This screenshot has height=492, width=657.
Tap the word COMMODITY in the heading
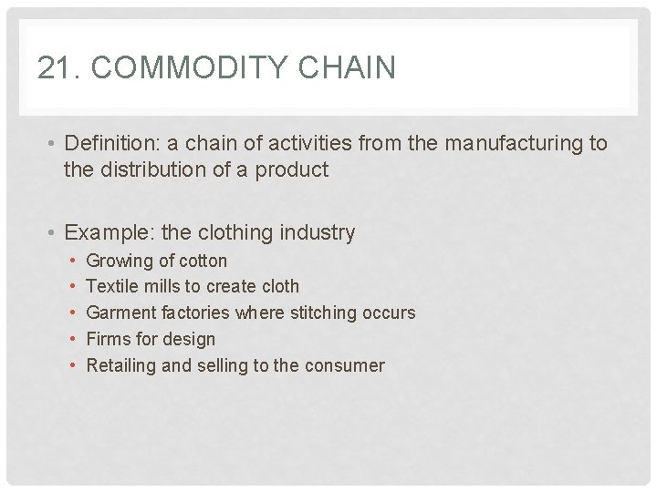tap(170, 67)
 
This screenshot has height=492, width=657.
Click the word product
tap(293, 169)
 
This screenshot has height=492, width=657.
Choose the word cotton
tap(203, 261)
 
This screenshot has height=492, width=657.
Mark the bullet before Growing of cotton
tap(72, 261)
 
